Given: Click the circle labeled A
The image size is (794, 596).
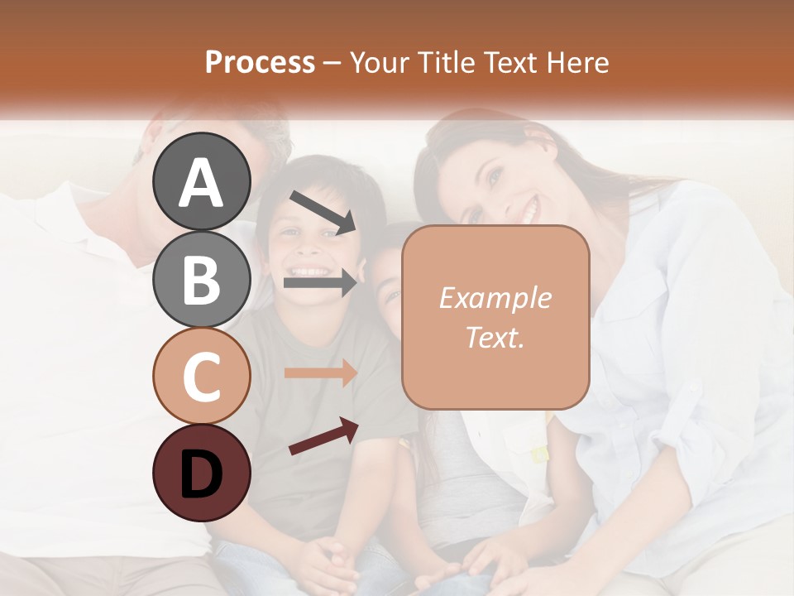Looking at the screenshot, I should (202, 181).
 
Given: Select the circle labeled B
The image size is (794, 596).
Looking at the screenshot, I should (202, 278).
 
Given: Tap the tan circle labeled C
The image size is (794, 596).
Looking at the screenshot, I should (202, 376).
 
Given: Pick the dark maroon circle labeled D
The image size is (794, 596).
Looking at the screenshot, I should (202, 473).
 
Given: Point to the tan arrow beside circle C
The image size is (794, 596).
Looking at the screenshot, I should (320, 373).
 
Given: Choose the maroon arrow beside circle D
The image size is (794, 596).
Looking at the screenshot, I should (323, 436).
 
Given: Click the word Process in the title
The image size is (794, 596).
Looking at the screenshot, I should (260, 62).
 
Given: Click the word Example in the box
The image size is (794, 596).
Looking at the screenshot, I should (495, 298).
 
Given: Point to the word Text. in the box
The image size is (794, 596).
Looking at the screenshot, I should (495, 337).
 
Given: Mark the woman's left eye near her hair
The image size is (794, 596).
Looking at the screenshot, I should (494, 177).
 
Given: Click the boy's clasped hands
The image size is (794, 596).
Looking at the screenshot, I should (327, 563).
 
